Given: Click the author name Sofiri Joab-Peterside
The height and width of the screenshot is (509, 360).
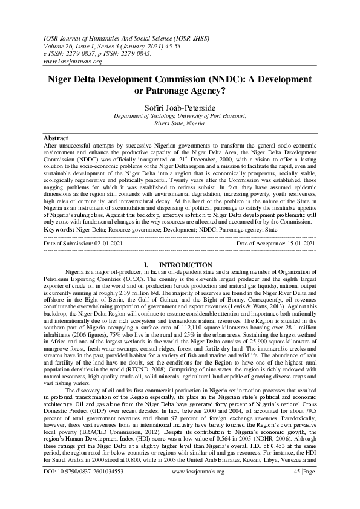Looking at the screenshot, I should pyautogui.click(x=180, y=108).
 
